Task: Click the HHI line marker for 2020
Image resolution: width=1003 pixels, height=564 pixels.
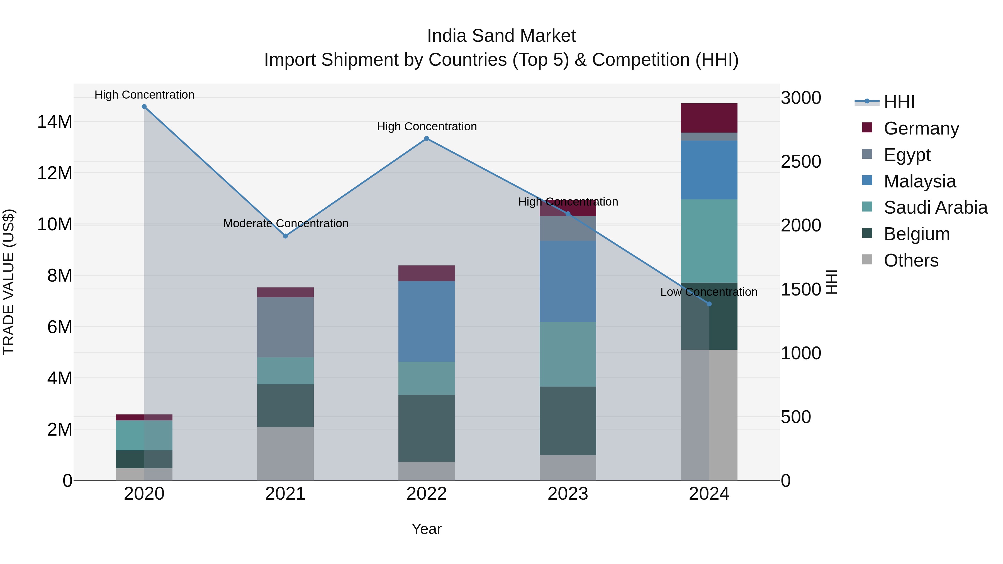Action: pyautogui.click(x=144, y=107)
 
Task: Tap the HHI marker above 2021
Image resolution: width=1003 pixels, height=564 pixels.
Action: pyautogui.click(x=285, y=236)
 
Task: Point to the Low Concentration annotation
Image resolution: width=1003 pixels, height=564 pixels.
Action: pyautogui.click(x=709, y=292)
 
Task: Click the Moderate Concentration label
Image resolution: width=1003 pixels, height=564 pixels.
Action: pyautogui.click(x=285, y=223)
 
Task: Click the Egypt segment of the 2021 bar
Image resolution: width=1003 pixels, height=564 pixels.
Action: pyautogui.click(x=285, y=327)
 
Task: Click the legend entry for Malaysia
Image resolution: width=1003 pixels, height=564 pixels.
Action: pyautogui.click(x=919, y=181)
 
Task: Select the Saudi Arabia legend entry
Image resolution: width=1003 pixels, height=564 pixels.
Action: pyautogui.click(x=935, y=207)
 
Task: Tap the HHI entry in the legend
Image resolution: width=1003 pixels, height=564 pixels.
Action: pyautogui.click(x=899, y=102)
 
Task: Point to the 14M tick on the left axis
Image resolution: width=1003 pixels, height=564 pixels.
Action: pyautogui.click(x=55, y=122)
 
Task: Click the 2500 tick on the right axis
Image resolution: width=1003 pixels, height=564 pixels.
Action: pyautogui.click(x=801, y=162)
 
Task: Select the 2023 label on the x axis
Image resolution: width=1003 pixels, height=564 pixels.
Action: pyautogui.click(x=568, y=494)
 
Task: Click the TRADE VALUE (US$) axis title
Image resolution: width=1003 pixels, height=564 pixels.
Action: pyautogui.click(x=9, y=282)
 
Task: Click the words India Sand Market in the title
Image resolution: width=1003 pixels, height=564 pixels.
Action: pyautogui.click(x=501, y=36)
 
